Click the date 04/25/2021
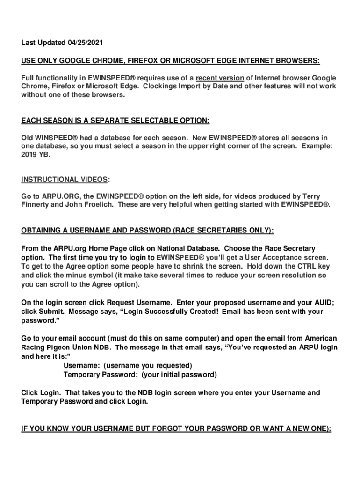(85, 43)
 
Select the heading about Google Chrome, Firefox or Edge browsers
(171, 60)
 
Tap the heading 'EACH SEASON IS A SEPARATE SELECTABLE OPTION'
(115, 121)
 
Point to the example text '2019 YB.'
(35, 155)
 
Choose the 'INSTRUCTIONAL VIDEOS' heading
(65, 180)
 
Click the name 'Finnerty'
(37, 205)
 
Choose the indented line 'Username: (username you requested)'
(127, 365)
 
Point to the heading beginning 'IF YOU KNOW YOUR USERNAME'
(176, 428)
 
